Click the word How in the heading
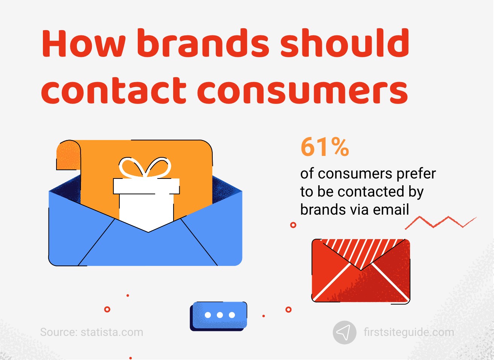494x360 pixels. tap(83, 43)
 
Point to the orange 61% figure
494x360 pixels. tap(325, 147)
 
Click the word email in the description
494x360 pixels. tap(391, 210)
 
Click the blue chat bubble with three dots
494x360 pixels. tap(219, 315)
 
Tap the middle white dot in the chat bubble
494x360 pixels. tap(220, 315)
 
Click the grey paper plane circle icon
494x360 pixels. tap(344, 332)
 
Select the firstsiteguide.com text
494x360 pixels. tap(409, 332)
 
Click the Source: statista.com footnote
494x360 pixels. tap(91, 332)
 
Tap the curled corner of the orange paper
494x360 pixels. tap(68, 154)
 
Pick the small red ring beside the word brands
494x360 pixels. tap(293, 225)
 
